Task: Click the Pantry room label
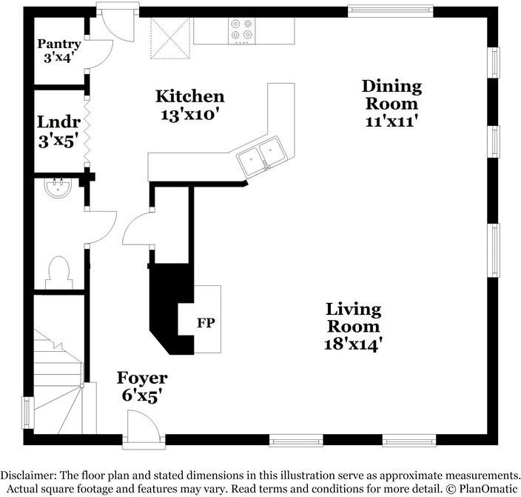59,44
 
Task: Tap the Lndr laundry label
58,122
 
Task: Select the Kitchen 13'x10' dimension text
189,115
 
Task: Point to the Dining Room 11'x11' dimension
391,121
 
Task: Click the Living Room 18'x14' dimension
352,344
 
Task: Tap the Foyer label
142,378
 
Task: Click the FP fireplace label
206,323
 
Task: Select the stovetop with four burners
241,31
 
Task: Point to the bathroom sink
58,188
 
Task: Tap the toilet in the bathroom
58,273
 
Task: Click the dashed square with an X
170,39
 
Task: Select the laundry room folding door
87,131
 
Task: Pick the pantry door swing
100,55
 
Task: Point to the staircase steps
58,382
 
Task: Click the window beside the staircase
28,413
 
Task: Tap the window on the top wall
391,11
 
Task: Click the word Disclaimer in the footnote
27,475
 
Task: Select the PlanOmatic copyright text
482,489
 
